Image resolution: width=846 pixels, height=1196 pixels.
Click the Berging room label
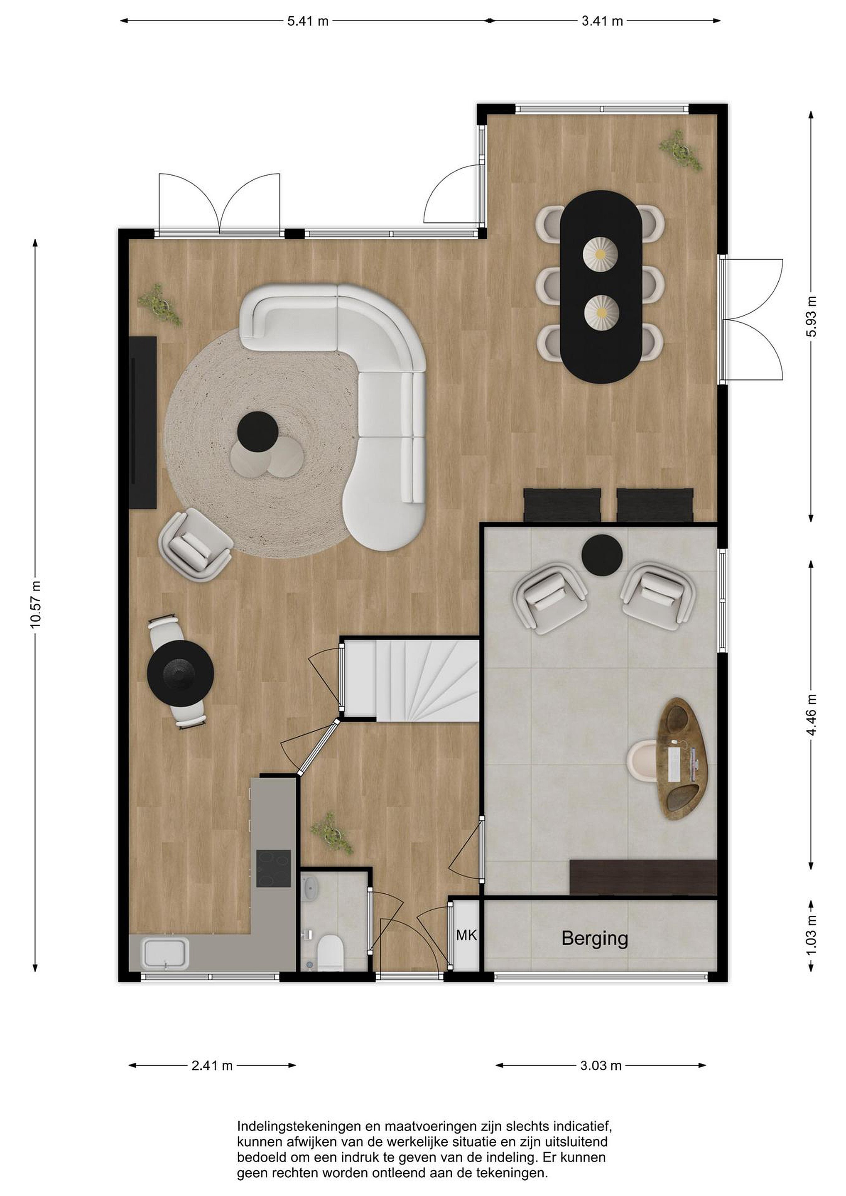click(594, 939)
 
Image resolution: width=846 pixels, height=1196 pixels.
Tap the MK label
click(466, 936)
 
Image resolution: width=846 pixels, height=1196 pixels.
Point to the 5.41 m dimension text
click(308, 21)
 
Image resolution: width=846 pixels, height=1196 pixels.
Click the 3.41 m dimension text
click(602, 21)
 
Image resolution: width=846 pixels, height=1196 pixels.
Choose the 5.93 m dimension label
click(811, 316)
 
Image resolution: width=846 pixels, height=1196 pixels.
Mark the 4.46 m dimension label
click(811, 714)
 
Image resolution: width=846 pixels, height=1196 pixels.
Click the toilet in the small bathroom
click(329, 953)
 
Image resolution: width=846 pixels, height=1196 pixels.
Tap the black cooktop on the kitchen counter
click(273, 868)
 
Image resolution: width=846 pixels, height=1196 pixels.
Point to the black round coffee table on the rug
click(258, 431)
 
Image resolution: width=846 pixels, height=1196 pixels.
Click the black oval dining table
click(601, 287)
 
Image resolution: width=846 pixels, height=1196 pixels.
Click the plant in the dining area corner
click(681, 149)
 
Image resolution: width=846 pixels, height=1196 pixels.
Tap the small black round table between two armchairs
click(602, 555)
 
